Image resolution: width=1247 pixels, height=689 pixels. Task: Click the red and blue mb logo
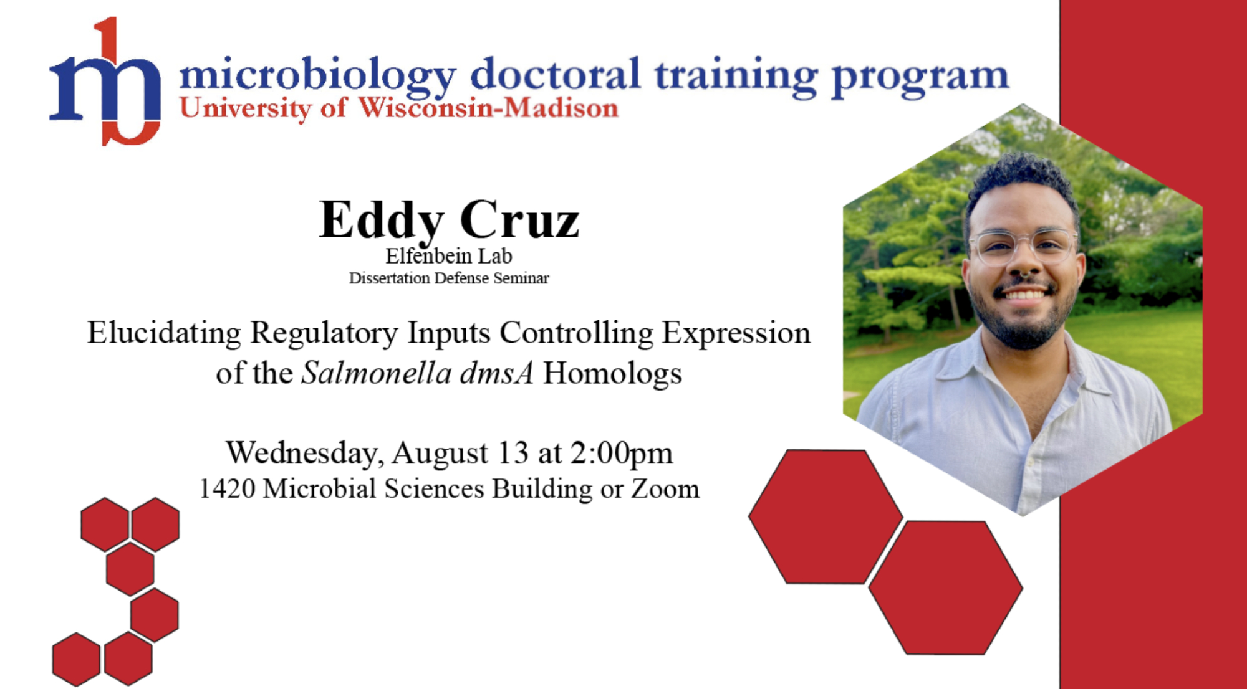105,82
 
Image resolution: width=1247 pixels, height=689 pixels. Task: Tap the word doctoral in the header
556,74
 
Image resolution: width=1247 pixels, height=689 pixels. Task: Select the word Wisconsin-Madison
488,108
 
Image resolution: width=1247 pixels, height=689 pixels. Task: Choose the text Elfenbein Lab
449,256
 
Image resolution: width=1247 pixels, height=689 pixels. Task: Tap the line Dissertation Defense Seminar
449,278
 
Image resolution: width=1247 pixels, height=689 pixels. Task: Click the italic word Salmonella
376,373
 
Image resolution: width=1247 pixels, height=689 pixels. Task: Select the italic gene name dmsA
497,373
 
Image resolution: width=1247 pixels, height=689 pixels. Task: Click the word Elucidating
164,333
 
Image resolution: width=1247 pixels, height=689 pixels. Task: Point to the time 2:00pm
622,454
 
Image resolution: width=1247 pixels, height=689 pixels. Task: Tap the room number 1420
227,488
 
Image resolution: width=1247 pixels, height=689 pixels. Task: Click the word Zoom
665,488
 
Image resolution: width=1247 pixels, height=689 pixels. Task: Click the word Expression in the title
736,333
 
